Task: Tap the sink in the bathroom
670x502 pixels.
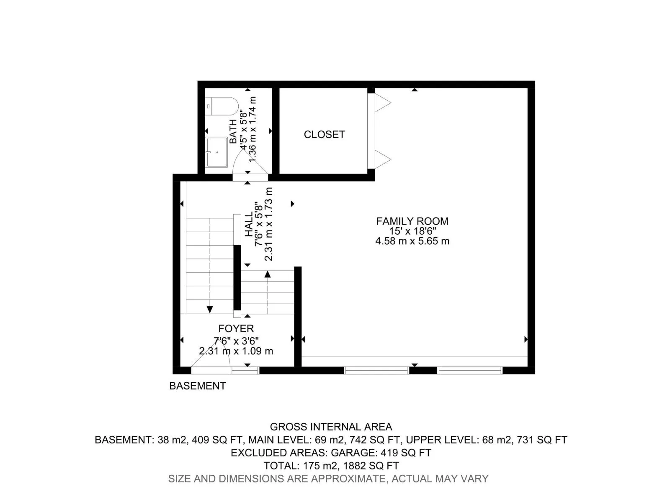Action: click(217, 152)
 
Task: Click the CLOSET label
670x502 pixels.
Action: click(324, 134)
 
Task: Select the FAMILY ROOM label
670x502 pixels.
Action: click(412, 221)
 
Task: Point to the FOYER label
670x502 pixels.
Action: click(236, 328)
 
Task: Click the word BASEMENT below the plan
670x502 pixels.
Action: click(198, 386)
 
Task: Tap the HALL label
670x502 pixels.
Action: click(249, 224)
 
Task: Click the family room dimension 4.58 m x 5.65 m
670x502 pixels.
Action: click(412, 241)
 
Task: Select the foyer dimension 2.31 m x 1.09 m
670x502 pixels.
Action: click(236, 351)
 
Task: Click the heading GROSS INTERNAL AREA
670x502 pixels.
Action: click(331, 427)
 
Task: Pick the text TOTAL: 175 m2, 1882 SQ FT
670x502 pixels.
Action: click(331, 466)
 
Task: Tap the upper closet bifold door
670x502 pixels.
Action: click(383, 103)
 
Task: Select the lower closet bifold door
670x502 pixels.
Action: click(383, 159)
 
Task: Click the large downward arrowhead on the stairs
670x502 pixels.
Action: click(210, 310)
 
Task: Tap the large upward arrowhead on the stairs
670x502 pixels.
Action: click(268, 274)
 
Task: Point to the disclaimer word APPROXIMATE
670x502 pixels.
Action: click(348, 479)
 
